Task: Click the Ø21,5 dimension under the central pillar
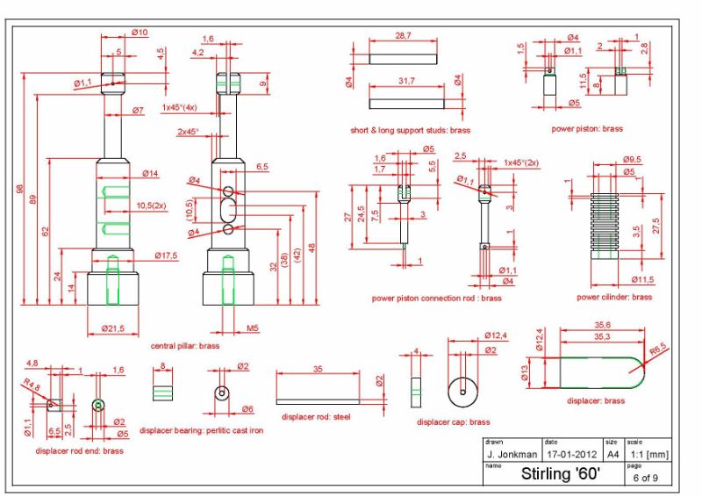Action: coord(113,328)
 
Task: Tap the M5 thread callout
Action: coord(253,328)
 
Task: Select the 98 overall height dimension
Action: coord(19,189)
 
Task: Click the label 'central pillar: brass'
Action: coord(185,346)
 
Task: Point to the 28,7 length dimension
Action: coord(403,35)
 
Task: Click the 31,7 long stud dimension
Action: coord(406,81)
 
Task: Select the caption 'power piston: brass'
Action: coord(587,128)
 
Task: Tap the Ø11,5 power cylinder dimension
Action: coord(642,279)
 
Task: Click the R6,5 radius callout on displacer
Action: coord(658,349)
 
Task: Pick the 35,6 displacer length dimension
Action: coord(603,325)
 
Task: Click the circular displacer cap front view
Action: coord(462,393)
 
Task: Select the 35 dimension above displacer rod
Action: coord(318,369)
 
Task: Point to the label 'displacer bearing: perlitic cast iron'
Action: coord(202,430)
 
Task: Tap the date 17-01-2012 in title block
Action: coord(572,455)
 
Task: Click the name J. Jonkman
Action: coord(512,455)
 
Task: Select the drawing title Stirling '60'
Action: coord(561,473)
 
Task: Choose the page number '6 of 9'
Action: coord(646,478)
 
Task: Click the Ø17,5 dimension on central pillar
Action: coord(166,256)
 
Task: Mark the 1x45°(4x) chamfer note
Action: coord(179,107)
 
